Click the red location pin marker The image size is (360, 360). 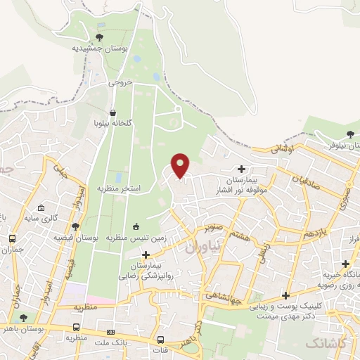(181, 165)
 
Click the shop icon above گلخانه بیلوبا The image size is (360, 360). (113, 112)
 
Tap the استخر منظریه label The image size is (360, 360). (122, 190)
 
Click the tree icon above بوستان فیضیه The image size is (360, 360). (75, 226)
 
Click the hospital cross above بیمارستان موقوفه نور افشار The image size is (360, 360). (242, 169)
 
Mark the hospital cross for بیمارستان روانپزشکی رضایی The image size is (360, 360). (146, 254)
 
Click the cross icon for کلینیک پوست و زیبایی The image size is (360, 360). (285, 295)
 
